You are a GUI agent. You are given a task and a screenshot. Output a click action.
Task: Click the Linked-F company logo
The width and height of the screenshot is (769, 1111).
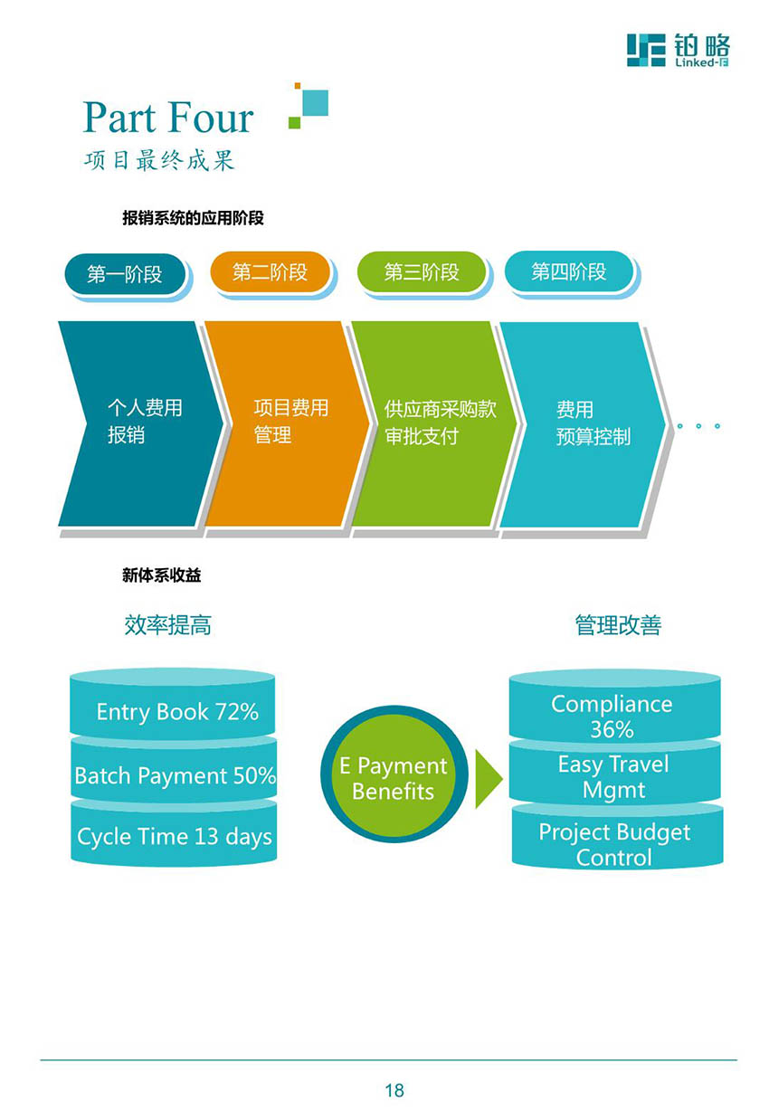tap(678, 50)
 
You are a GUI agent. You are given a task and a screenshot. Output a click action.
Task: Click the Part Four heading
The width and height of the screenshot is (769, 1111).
tap(167, 117)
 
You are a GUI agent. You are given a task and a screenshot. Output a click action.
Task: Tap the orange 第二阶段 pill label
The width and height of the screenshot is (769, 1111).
tap(271, 271)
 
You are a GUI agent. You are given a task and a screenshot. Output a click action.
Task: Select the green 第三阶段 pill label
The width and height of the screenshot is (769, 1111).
tap(422, 271)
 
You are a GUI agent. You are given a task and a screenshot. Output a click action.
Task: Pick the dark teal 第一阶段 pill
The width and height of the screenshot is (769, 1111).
tap(125, 274)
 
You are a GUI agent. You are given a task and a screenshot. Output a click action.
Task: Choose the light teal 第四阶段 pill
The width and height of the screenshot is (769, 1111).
tap(569, 271)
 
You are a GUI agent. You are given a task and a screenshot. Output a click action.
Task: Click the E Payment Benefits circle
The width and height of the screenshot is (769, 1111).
tap(394, 774)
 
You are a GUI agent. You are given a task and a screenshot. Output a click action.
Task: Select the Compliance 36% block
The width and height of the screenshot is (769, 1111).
tap(614, 707)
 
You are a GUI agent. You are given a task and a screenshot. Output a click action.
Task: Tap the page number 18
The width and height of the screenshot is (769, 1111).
tap(394, 1090)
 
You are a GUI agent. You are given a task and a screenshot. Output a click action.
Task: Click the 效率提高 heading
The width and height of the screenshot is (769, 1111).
tap(167, 624)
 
